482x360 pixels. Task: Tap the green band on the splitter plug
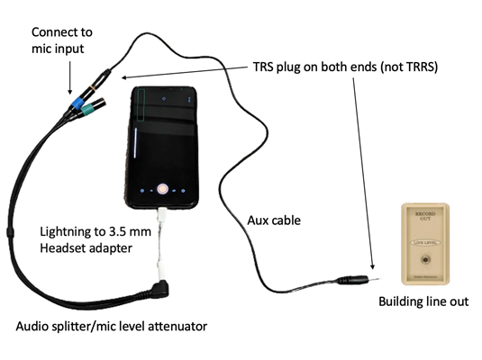coord(88,108)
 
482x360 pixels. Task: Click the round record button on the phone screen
coord(162,189)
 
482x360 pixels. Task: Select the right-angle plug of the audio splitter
coord(160,290)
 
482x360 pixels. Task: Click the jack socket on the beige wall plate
coord(425,259)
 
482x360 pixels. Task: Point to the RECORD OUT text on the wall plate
coord(425,216)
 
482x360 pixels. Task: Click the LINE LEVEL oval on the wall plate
coord(425,243)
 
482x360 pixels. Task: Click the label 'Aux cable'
coord(274,220)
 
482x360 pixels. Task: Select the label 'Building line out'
coord(423,301)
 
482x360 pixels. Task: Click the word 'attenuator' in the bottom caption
coord(177,326)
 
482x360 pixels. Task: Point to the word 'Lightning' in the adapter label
coord(63,231)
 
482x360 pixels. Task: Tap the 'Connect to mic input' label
coord(62,40)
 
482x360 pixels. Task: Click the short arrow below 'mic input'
coord(69,77)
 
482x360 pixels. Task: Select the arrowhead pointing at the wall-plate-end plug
coord(373,266)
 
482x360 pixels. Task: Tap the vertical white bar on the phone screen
coord(135,143)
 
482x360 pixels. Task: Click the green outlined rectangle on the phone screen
coord(141,104)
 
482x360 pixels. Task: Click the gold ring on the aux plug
coord(93,89)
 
